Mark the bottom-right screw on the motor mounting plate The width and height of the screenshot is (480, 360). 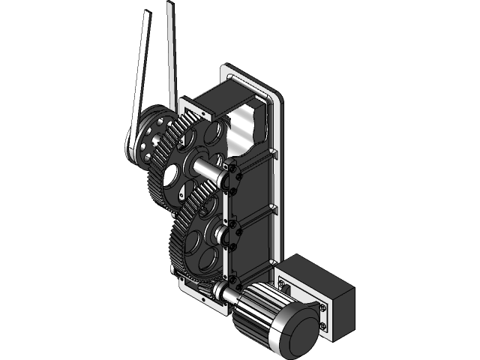pyautogui.click(x=323, y=326)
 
